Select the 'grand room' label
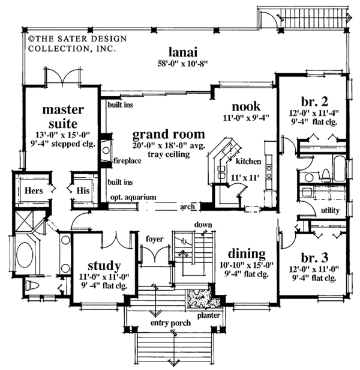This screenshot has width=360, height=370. pyautogui.click(x=169, y=134)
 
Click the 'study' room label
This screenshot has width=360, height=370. pyautogui.click(x=104, y=265)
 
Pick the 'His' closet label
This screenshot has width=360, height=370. pyautogui.click(x=83, y=190)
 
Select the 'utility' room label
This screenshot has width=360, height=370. pyautogui.click(x=330, y=211)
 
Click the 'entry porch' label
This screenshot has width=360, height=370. pyautogui.click(x=171, y=323)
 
